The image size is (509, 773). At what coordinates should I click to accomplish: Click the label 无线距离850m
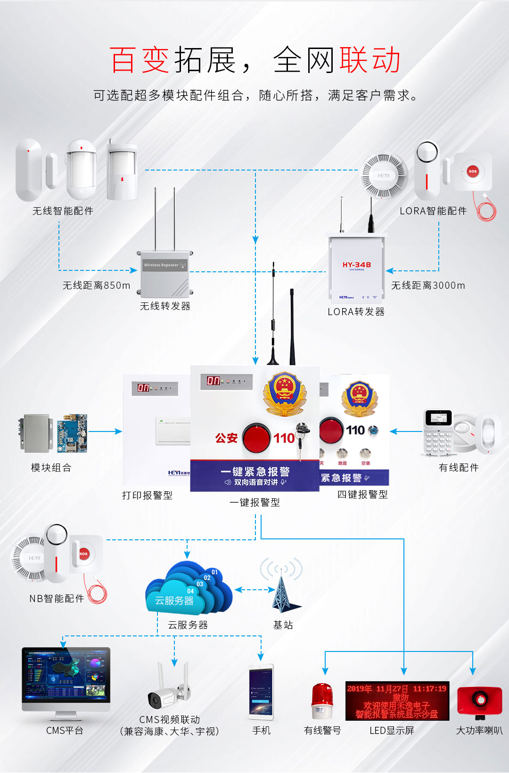[97, 285]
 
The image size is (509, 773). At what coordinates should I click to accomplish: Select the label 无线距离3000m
[428, 285]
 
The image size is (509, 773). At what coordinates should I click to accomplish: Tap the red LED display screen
[397, 700]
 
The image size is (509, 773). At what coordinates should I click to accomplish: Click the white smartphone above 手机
[261, 692]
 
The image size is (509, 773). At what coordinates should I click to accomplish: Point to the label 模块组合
[51, 468]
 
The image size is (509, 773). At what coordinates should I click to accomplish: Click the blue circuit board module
[72, 433]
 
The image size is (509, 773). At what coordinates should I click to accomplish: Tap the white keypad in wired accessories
[438, 432]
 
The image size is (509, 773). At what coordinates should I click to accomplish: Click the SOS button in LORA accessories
[472, 171]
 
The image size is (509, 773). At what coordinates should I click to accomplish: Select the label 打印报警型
[147, 496]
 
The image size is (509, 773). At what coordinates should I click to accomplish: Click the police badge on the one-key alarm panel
[284, 393]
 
